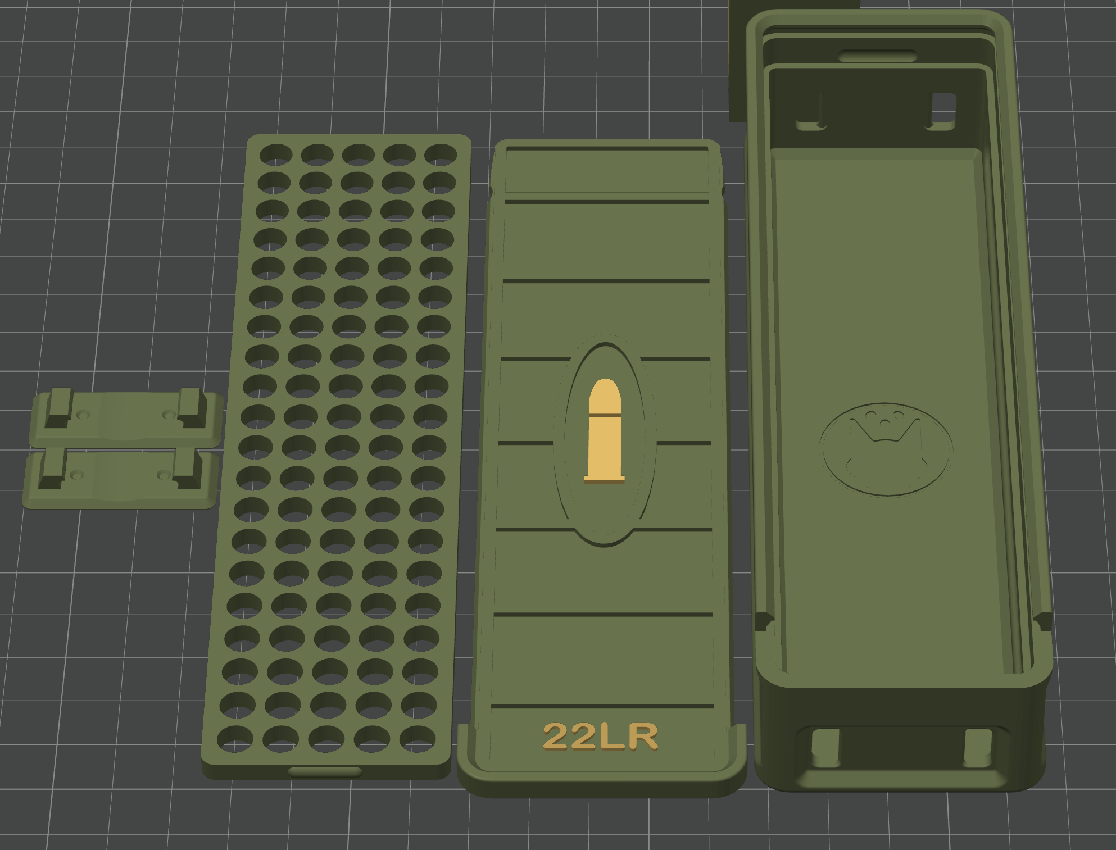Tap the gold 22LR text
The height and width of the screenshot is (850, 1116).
[600, 737]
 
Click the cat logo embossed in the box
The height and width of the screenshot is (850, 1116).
[886, 449]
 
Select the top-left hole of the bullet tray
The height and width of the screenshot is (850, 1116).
[275, 154]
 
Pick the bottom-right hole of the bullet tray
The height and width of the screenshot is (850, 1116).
[417, 738]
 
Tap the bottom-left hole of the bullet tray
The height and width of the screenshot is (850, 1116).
[235, 738]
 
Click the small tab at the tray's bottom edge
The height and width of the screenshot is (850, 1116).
[325, 771]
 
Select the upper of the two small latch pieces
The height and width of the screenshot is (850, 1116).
[126, 419]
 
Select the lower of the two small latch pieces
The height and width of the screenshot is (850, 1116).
[121, 479]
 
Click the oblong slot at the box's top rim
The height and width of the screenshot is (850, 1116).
[877, 56]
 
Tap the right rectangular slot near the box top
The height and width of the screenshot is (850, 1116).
[943, 108]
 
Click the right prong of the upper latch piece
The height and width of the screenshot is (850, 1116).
[190, 406]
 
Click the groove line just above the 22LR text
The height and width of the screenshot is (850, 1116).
[602, 706]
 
